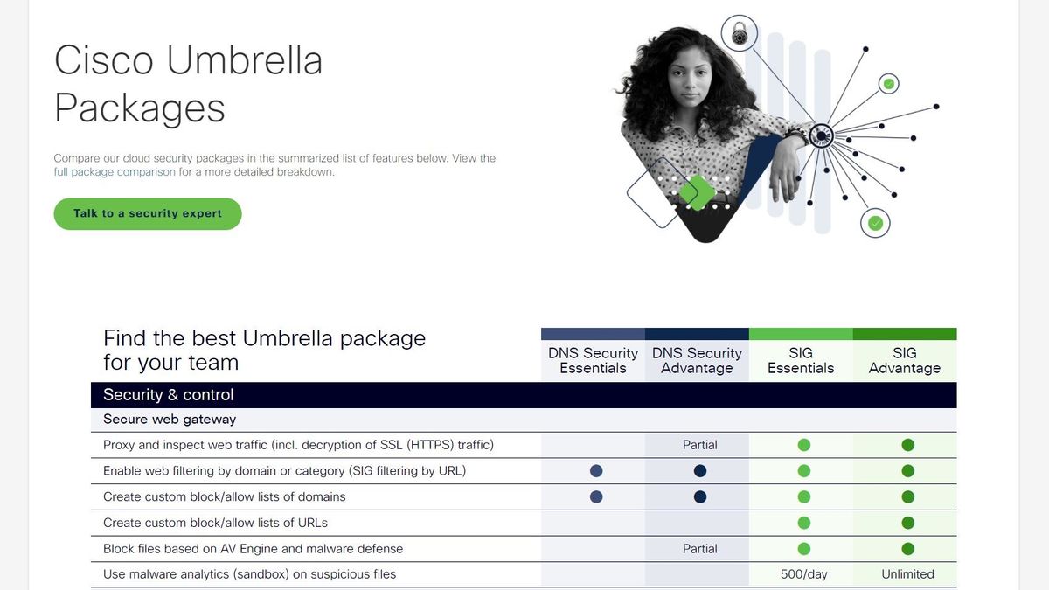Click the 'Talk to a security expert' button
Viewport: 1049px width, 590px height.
(x=147, y=213)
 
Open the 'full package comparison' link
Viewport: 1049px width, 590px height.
(x=115, y=172)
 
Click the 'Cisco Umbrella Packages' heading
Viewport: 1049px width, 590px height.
(x=188, y=85)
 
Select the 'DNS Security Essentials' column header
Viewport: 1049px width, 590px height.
(x=593, y=360)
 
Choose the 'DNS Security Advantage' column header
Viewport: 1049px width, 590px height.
(x=697, y=360)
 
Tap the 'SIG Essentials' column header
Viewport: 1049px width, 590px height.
(x=801, y=360)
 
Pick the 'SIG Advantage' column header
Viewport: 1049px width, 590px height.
(x=905, y=360)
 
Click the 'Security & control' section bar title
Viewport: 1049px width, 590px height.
(x=168, y=394)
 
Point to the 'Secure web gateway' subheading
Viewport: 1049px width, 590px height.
(x=170, y=420)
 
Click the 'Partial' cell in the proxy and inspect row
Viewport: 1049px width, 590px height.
(x=699, y=445)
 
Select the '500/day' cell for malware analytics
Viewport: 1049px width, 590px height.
(x=804, y=574)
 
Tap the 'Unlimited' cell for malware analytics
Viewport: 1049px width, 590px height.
(x=907, y=574)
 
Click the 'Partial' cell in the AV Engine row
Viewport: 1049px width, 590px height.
(x=699, y=549)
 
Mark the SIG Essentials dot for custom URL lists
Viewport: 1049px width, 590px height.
(x=804, y=523)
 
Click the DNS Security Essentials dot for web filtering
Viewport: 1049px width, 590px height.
(x=596, y=471)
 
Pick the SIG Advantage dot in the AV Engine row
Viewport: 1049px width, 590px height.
(x=907, y=549)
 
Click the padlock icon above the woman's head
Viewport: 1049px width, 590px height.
(x=740, y=34)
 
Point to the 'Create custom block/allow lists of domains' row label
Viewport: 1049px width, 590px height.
(x=225, y=496)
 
